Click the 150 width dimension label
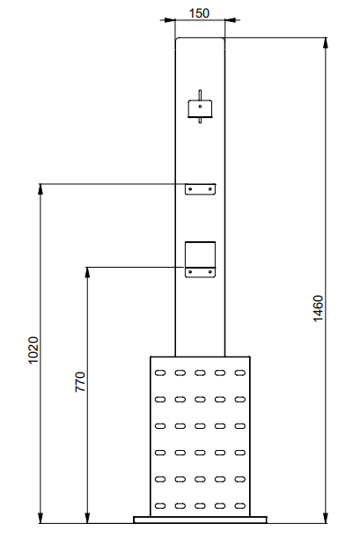pyautogui.click(x=199, y=13)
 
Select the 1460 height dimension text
pyautogui.click(x=318, y=308)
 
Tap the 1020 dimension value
pyautogui.click(x=33, y=350)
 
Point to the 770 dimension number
pyautogui.click(x=80, y=381)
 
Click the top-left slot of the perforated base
pyautogui.click(x=160, y=372)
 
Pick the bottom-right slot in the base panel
pyautogui.click(x=239, y=505)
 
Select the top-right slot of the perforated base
pyautogui.click(x=239, y=372)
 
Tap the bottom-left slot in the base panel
pyautogui.click(x=160, y=505)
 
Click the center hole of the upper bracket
pyautogui.click(x=200, y=107)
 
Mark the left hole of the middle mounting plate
pyautogui.click(x=190, y=189)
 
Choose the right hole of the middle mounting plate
pyautogui.click(x=210, y=189)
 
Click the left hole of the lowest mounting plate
pyautogui.click(x=190, y=272)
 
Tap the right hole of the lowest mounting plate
pyautogui.click(x=210, y=272)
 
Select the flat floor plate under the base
pyautogui.click(x=201, y=520)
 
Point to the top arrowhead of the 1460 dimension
pyautogui.click(x=326, y=42)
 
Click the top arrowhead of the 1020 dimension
pyautogui.click(x=40, y=189)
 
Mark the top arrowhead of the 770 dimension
pyautogui.click(x=88, y=273)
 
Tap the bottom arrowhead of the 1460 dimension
pyautogui.click(x=326, y=518)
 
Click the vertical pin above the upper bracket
pyautogui.click(x=200, y=95)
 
